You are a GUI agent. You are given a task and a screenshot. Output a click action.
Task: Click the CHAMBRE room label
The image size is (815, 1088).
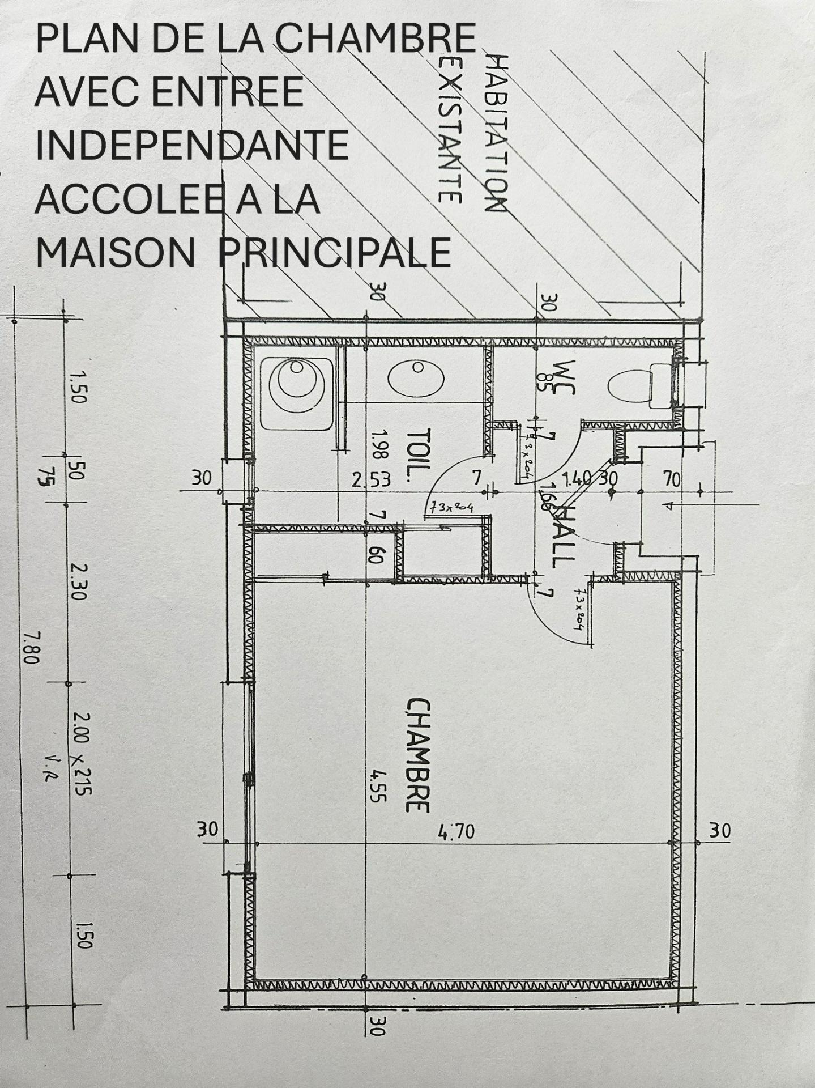pos(418,755)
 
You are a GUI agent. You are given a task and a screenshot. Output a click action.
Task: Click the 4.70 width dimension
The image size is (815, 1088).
pos(456,832)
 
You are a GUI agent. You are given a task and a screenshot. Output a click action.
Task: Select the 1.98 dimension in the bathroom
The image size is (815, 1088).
pos(379,445)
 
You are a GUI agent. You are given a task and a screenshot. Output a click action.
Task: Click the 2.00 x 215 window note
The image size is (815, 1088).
pos(83,754)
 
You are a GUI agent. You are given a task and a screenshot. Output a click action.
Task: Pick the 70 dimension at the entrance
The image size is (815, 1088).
pos(672,479)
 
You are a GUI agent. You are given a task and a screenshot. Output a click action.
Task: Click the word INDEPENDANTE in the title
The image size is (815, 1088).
pos(191,145)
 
